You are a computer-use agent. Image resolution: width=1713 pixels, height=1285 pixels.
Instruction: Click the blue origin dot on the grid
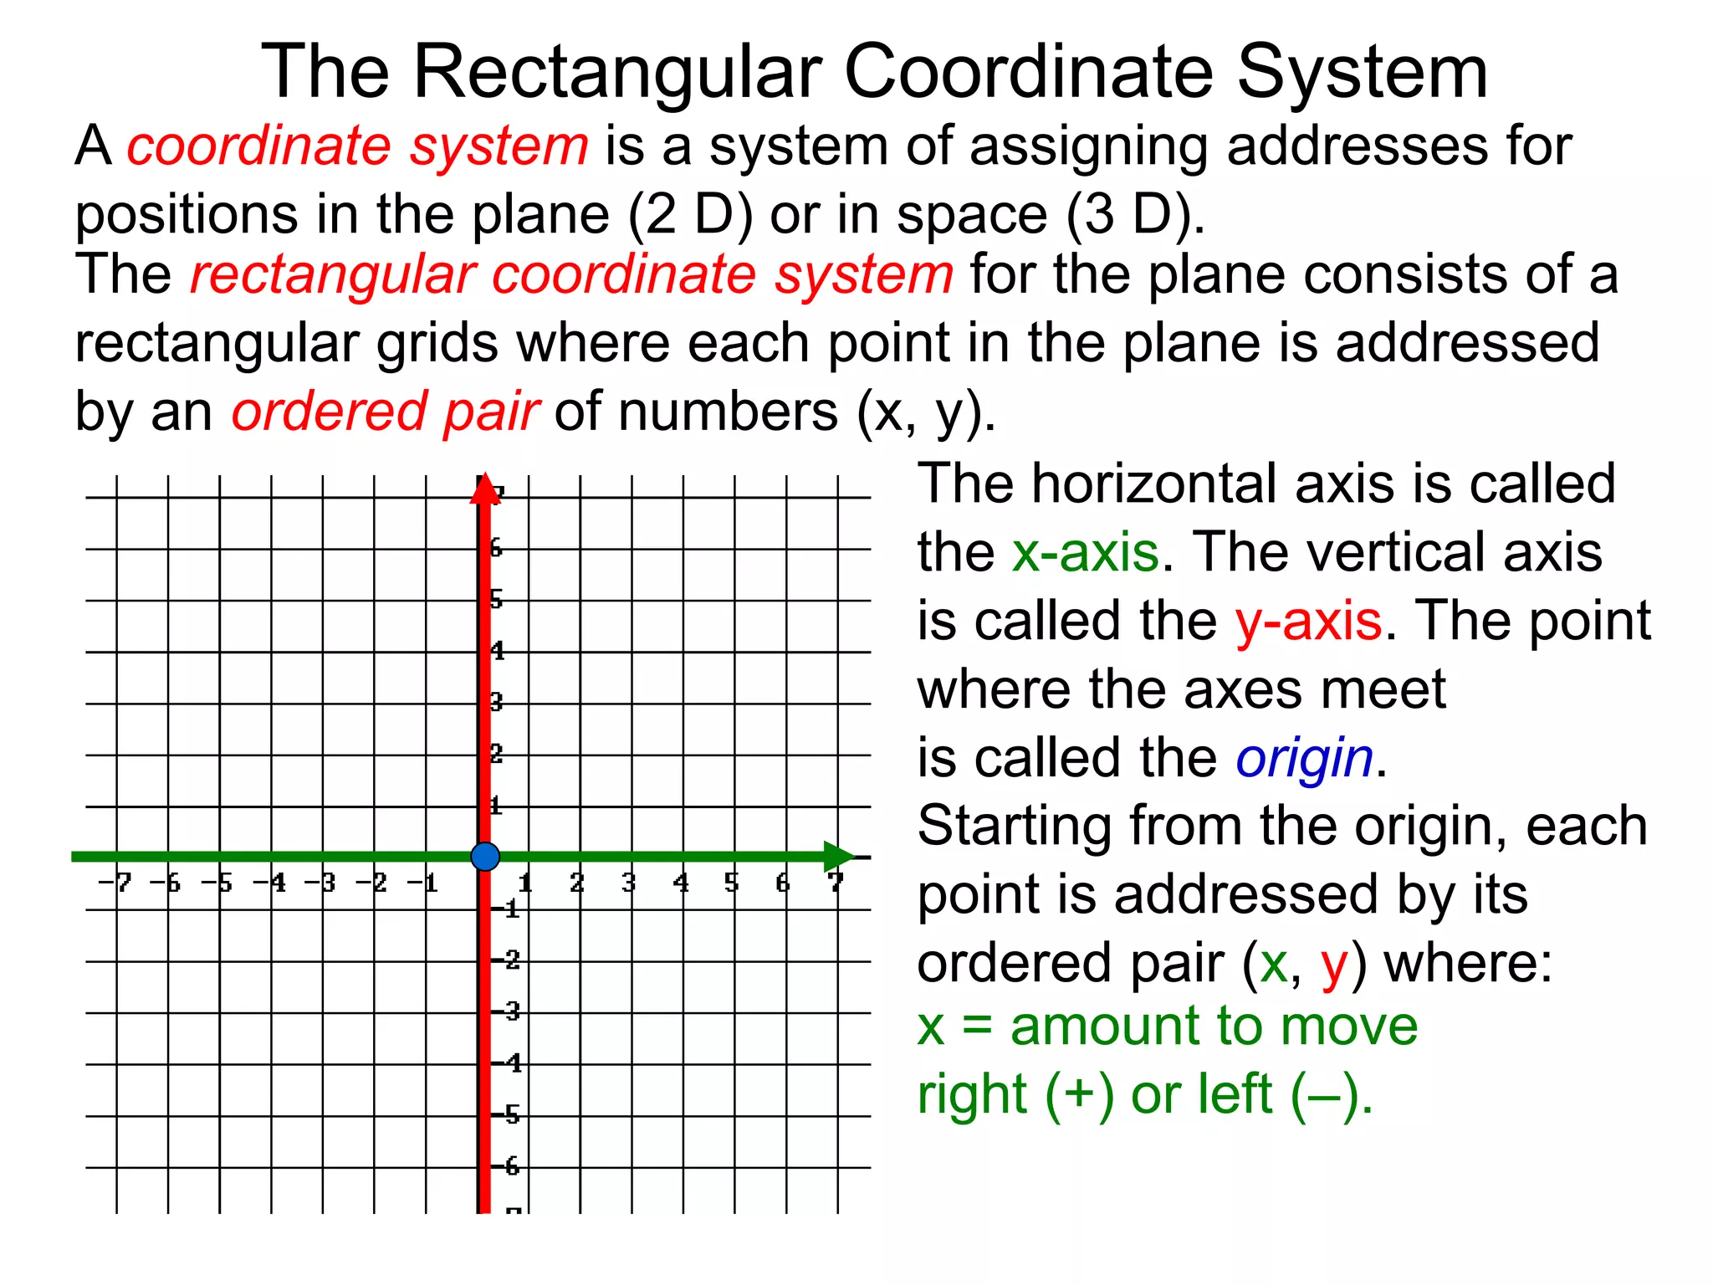click(x=485, y=857)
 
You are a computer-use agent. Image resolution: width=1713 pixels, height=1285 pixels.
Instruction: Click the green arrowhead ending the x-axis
click(x=838, y=857)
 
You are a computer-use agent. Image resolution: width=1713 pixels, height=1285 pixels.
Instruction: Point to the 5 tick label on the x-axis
click(x=732, y=883)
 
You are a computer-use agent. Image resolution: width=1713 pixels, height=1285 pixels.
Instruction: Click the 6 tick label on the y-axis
click(x=497, y=549)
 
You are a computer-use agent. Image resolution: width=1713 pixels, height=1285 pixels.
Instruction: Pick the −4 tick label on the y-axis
click(x=509, y=1064)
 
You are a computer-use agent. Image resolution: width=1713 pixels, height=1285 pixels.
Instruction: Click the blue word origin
click(x=1304, y=759)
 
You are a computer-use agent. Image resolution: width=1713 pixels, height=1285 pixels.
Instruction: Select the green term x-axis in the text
click(x=1085, y=553)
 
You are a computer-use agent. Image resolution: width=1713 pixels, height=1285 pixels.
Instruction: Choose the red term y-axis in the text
click(x=1308, y=622)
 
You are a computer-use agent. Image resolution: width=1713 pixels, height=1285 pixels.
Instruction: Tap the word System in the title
click(x=1362, y=73)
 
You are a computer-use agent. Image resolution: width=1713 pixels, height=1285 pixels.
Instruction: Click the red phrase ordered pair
click(x=385, y=412)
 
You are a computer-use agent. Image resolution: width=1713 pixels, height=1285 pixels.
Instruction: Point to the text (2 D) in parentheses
click(x=690, y=215)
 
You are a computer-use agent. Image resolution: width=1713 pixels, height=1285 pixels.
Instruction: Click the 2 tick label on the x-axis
click(x=577, y=883)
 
